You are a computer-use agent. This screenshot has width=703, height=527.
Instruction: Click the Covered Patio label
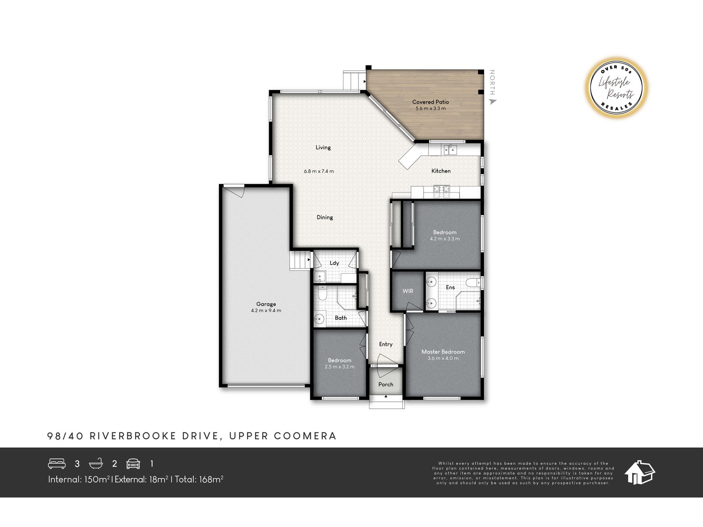tap(430, 102)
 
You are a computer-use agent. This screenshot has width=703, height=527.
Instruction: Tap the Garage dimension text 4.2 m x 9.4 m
tap(266, 311)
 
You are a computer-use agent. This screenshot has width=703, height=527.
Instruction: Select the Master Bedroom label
tap(443, 352)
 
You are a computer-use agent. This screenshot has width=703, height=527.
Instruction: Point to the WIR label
tap(408, 291)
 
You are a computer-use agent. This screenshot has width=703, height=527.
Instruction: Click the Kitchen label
tap(441, 171)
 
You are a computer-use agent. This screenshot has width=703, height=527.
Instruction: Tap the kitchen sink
tap(450, 149)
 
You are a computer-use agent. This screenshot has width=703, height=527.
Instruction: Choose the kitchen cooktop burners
tap(441, 192)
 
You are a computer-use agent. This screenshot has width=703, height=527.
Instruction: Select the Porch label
tap(386, 384)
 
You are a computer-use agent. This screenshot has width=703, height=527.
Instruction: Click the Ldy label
tap(334, 263)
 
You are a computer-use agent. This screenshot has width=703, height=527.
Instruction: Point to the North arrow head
tap(493, 102)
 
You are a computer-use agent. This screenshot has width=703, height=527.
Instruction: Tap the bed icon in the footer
tap(57, 464)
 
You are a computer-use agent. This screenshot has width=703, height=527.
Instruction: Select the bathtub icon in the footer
tap(96, 464)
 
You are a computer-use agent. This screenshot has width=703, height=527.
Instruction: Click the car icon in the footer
tap(133, 464)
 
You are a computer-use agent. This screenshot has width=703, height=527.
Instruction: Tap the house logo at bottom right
tap(640, 472)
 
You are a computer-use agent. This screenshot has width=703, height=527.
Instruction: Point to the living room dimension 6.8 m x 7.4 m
tap(319, 171)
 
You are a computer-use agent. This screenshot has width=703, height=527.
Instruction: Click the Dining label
tap(325, 217)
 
